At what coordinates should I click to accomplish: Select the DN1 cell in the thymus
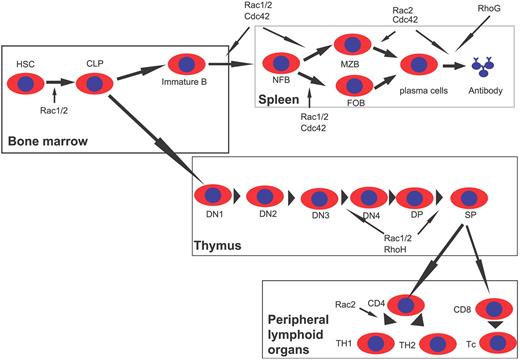[213, 195]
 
